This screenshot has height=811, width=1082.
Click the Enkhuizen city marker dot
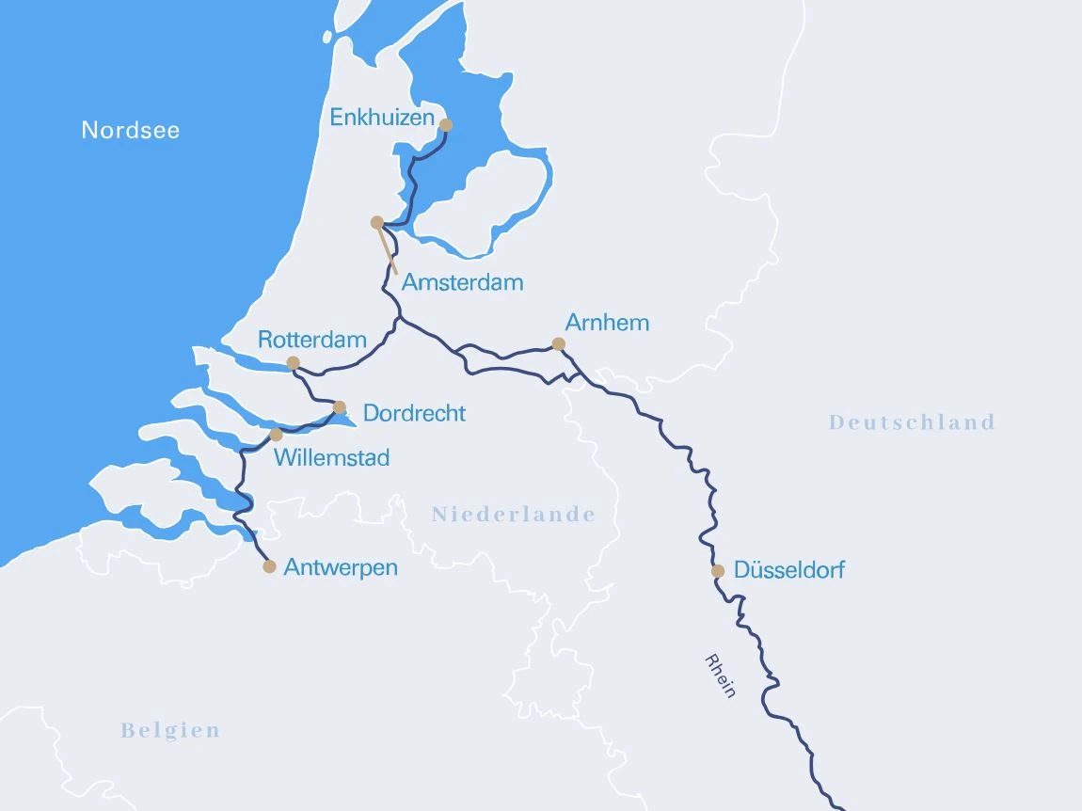[x=446, y=125]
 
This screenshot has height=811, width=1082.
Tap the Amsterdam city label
[x=462, y=282]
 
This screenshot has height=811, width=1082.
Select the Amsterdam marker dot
[x=377, y=223]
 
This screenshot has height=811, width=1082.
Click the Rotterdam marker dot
[x=293, y=363]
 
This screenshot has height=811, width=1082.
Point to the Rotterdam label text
[x=311, y=340]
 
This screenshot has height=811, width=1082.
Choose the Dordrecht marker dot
[x=340, y=407]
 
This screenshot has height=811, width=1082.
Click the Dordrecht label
[x=414, y=413]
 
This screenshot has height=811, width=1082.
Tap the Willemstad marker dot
[x=276, y=435]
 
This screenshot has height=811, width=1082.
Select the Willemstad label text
[x=331, y=458]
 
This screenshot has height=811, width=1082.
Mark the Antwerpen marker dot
[x=269, y=566]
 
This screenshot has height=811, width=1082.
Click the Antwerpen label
[x=341, y=567]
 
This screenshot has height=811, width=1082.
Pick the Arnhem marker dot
[x=558, y=344]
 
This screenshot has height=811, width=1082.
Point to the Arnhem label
[x=607, y=323]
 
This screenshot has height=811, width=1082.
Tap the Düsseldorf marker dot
[x=718, y=571]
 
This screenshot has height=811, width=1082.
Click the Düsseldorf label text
[x=788, y=570]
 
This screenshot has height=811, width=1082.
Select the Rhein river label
[x=719, y=675]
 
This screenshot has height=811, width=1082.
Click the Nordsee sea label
[x=130, y=130]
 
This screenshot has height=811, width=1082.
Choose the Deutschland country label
[x=912, y=422]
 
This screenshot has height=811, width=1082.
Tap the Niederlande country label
[x=513, y=515]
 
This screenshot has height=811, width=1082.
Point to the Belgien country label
[x=170, y=731]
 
